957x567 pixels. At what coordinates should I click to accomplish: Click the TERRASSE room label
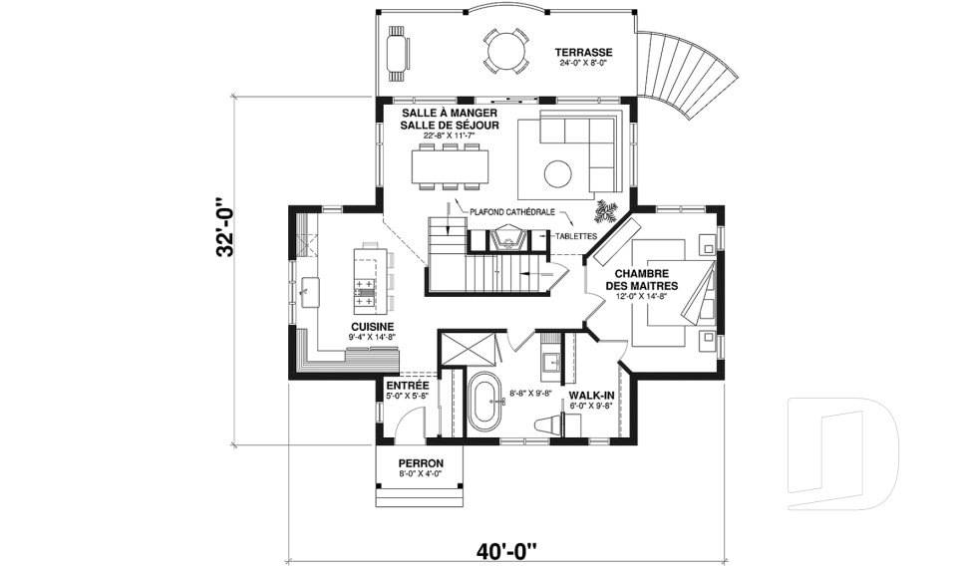pos(583,53)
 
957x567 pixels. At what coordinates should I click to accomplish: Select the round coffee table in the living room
pos(558,174)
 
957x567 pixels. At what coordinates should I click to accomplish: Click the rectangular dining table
pos(451,166)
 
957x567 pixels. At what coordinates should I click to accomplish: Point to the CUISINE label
pos(372,327)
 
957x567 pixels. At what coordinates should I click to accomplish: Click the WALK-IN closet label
pos(591,396)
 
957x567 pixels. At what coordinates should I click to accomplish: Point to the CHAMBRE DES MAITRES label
pos(641,280)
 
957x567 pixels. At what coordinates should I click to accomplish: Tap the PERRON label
pos(421,463)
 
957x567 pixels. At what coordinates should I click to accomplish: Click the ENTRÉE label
pos(408,386)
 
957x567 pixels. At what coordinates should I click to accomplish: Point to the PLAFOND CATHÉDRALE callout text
pos(512,212)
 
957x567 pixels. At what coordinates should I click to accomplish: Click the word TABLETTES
pos(576,236)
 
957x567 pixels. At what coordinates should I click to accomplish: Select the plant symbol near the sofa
pos(607,211)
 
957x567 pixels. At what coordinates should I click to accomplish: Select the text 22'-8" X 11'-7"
pos(450,136)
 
